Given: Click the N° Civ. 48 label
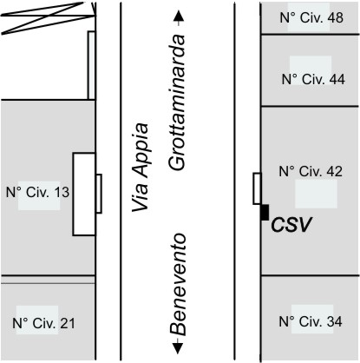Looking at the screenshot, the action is (311, 17).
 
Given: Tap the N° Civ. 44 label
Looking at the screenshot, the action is (313, 79).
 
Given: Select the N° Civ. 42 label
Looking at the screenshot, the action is (311, 171).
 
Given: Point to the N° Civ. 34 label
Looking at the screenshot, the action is (311, 321).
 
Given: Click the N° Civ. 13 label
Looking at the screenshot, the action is (37, 192).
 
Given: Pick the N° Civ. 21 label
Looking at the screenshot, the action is (43, 323).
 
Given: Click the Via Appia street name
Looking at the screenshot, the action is (141, 168).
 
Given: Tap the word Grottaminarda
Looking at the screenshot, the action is (176, 102).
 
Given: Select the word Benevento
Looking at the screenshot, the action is (177, 284).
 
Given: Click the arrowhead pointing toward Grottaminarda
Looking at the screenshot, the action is (179, 16).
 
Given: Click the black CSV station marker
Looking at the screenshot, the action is (265, 213).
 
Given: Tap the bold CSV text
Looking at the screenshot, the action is (291, 225).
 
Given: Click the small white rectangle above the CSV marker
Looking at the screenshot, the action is (257, 188).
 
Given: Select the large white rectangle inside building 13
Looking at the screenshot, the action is (84, 195).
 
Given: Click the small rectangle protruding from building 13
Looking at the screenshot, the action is (99, 194).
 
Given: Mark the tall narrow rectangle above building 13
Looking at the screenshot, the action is (91, 65).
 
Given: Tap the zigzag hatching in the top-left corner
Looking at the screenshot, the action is (48, 18).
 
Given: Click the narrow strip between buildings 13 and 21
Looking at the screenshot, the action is (48, 280).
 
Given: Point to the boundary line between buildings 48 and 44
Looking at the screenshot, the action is (310, 35).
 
